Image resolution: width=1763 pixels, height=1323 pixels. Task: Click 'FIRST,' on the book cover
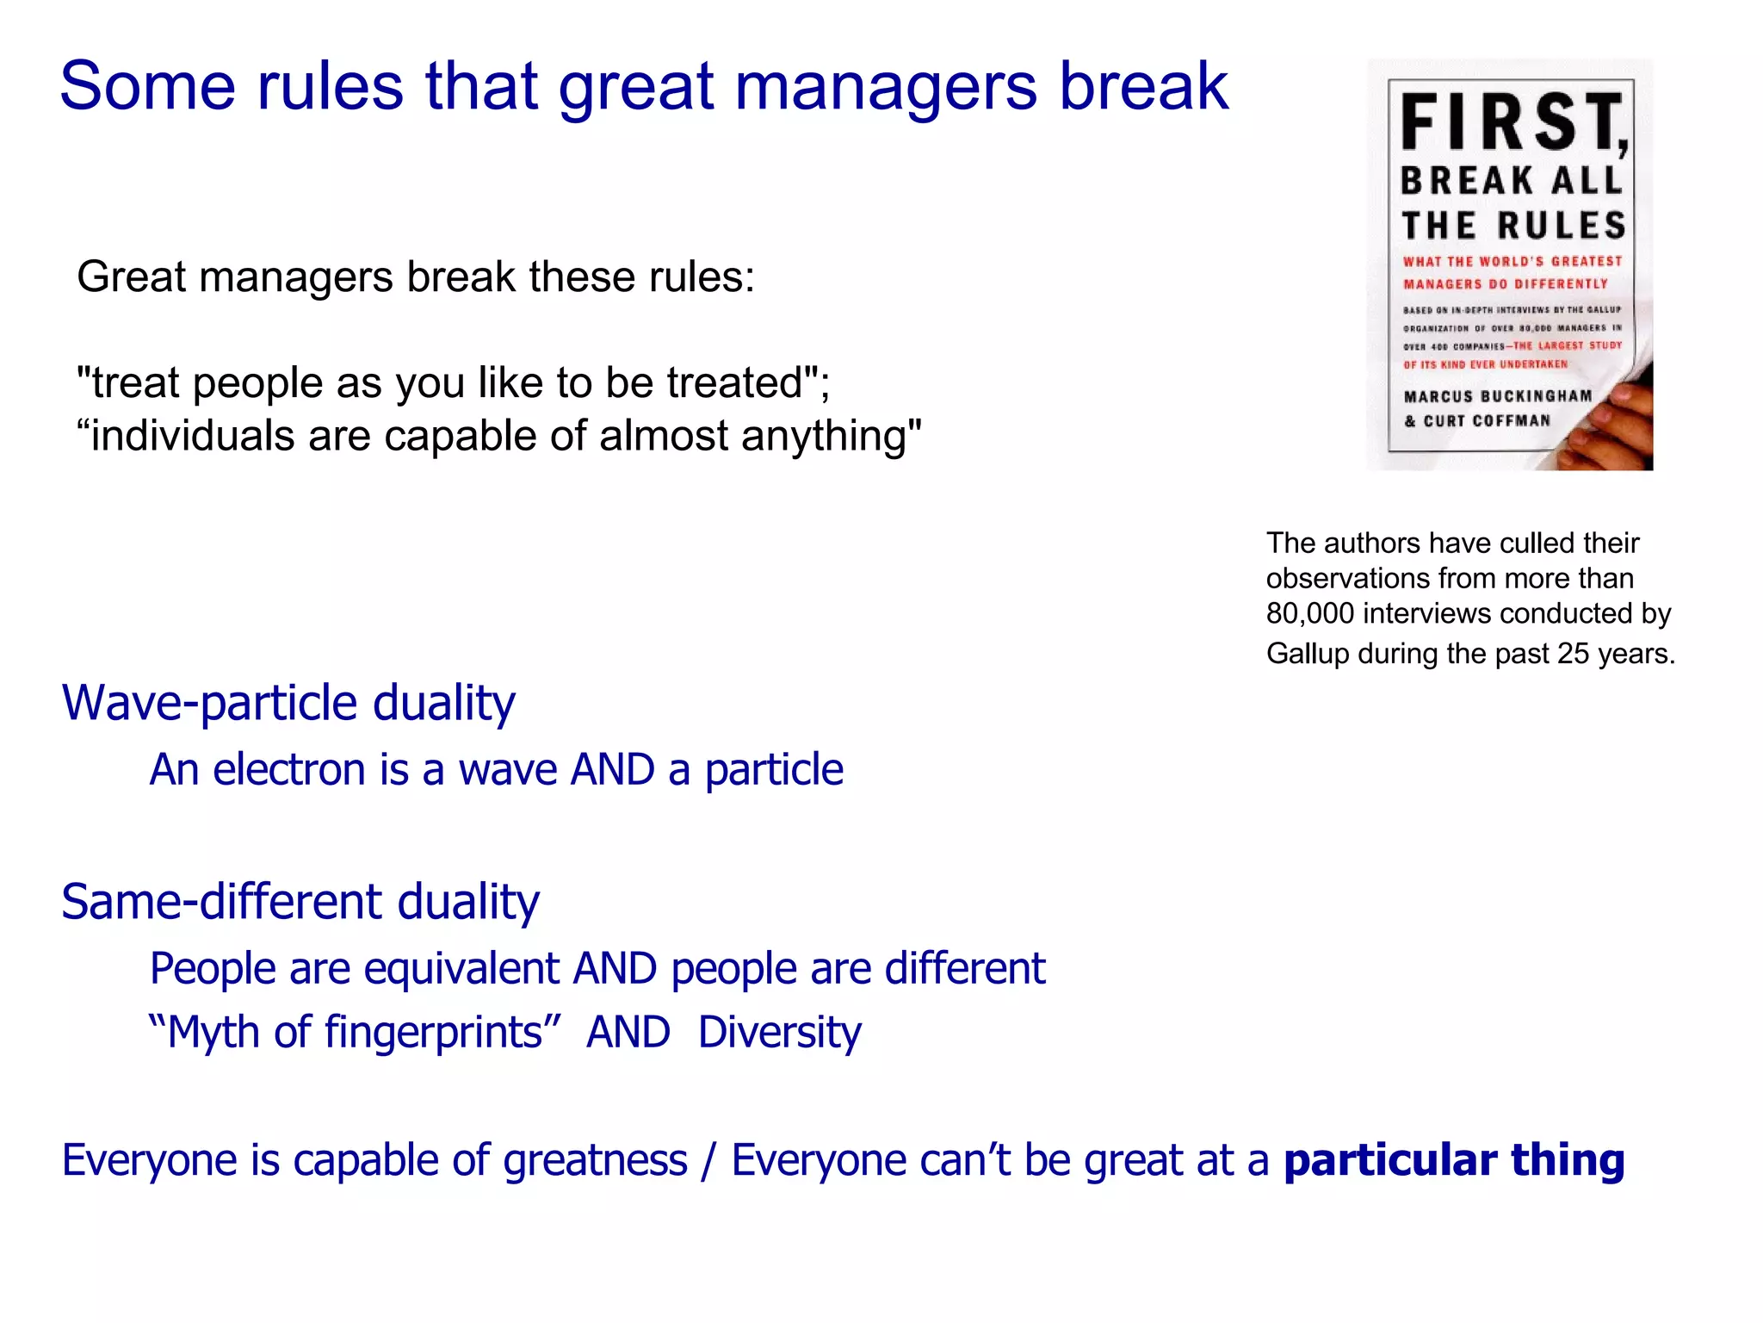point(1513,122)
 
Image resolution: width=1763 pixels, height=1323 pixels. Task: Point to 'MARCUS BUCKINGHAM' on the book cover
point(1498,396)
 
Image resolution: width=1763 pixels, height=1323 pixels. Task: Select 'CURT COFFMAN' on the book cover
point(1487,420)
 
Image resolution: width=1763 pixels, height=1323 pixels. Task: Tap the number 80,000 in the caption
point(1310,613)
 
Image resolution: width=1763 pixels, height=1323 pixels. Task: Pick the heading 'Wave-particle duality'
point(288,702)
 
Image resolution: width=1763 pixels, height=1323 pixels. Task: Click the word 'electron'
point(289,769)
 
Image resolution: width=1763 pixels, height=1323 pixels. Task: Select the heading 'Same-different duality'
point(300,902)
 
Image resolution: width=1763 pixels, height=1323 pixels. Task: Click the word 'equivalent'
point(461,968)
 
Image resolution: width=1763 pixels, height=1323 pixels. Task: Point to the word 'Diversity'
point(779,1032)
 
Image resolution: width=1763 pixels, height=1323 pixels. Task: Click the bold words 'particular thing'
point(1453,1159)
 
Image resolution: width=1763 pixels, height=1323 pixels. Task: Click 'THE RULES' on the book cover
point(1513,226)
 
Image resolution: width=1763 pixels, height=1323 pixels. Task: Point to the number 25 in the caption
point(1573,654)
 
